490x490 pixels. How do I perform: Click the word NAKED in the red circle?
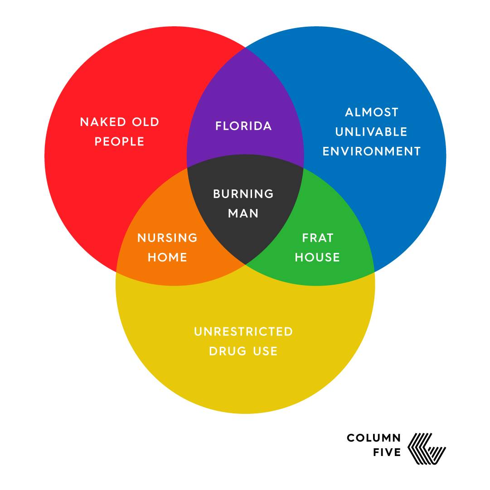(x=97, y=122)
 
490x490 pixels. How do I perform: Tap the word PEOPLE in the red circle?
(x=120, y=141)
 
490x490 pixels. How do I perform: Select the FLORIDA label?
(x=243, y=126)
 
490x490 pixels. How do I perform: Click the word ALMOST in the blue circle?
(x=372, y=112)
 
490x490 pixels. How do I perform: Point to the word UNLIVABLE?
(x=371, y=131)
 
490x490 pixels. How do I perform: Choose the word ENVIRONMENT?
(x=372, y=151)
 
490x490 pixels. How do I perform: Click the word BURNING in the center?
(x=243, y=194)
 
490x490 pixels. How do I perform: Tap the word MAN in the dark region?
(x=243, y=213)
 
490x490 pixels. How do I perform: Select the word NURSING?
(x=167, y=238)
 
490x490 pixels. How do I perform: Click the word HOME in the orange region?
(x=167, y=257)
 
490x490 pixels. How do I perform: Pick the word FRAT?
(x=318, y=238)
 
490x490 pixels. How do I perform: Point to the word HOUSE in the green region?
(x=317, y=257)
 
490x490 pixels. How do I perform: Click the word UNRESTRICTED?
(x=243, y=331)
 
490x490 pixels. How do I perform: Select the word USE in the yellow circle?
(x=265, y=351)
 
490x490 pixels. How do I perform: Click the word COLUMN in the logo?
(x=374, y=438)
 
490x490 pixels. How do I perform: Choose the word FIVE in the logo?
(x=387, y=452)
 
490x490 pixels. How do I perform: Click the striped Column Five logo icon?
(x=427, y=449)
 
